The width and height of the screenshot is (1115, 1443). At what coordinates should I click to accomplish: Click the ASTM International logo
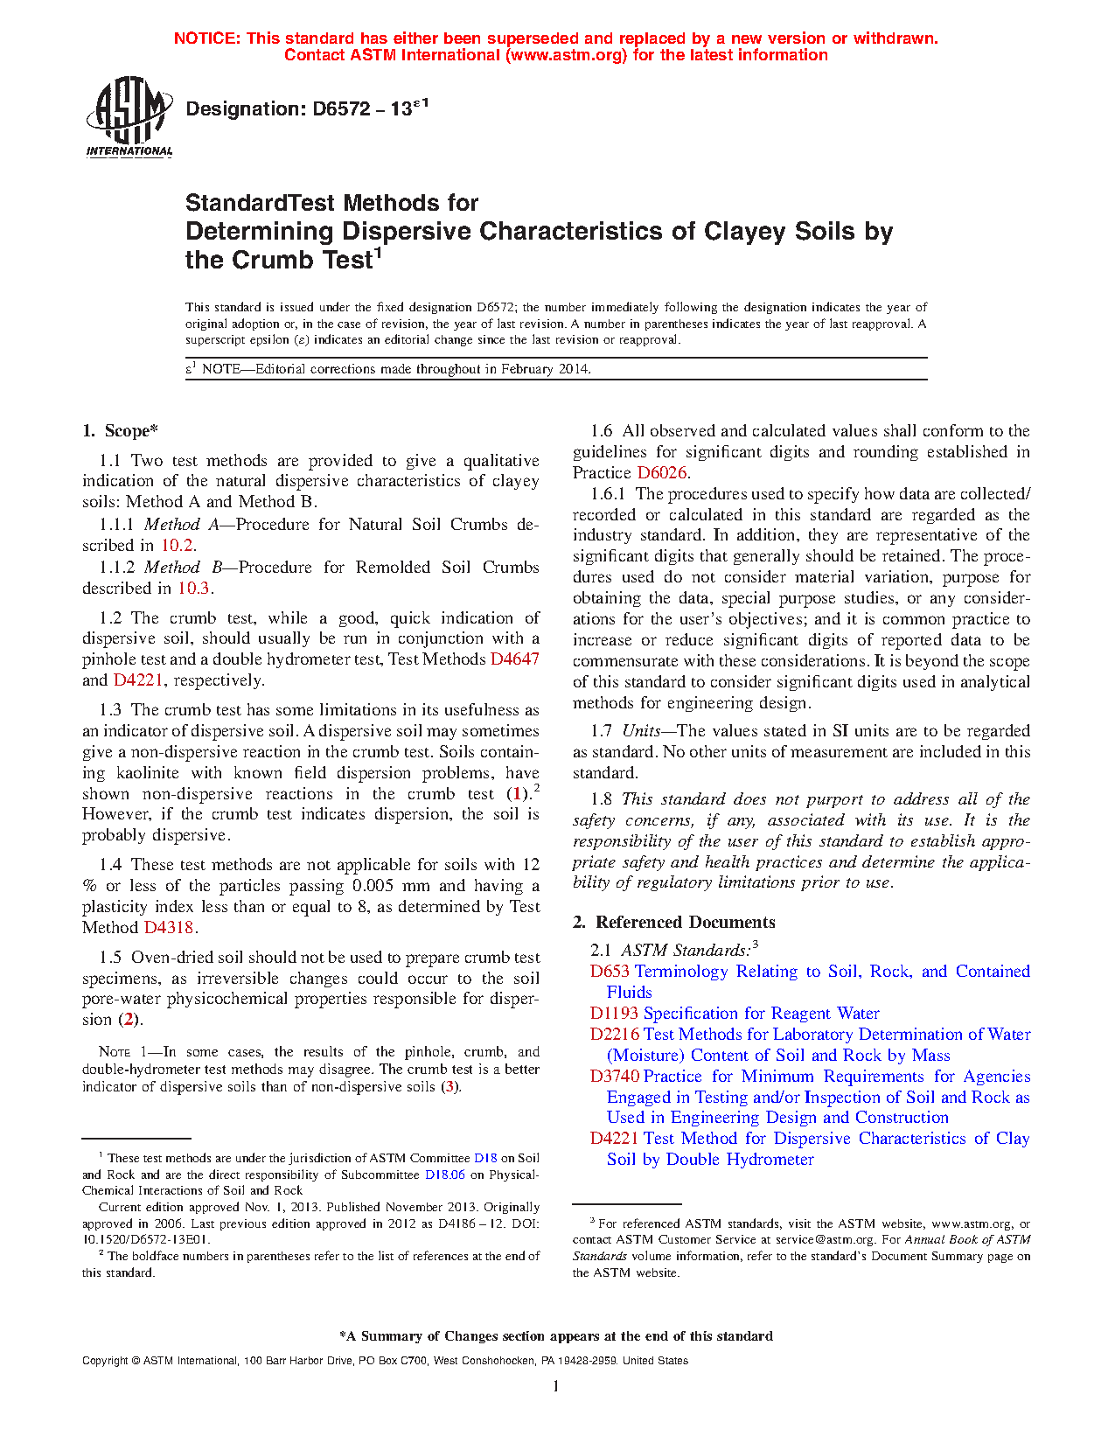pyautogui.click(x=129, y=117)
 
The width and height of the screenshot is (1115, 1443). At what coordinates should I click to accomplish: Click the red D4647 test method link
pyautogui.click(x=514, y=659)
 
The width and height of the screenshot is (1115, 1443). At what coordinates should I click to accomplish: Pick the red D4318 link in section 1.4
pyautogui.click(x=168, y=928)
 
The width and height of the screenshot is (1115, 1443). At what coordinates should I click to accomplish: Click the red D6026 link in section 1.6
pyautogui.click(x=662, y=473)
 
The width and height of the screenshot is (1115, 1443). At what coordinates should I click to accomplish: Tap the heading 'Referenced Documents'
pyautogui.click(x=686, y=923)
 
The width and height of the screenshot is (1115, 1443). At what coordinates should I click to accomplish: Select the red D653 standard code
pyautogui.click(x=610, y=972)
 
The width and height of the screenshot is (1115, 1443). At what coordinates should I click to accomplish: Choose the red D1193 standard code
pyautogui.click(x=614, y=1014)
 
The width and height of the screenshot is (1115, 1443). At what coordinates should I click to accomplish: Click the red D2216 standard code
pyautogui.click(x=614, y=1035)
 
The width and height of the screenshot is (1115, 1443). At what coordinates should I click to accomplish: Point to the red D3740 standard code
pyautogui.click(x=614, y=1077)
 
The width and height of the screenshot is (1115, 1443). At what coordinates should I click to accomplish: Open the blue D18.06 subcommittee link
pyautogui.click(x=444, y=1175)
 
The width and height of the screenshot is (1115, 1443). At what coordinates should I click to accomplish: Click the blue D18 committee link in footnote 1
pyautogui.click(x=485, y=1158)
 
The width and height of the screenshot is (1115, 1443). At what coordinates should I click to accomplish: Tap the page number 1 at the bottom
pyautogui.click(x=556, y=1386)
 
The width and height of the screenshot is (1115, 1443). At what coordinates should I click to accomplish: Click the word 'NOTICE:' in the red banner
pyautogui.click(x=206, y=38)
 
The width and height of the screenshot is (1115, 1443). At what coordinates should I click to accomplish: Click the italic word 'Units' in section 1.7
pyautogui.click(x=641, y=731)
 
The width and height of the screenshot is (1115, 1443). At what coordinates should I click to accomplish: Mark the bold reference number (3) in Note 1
pyautogui.click(x=449, y=1087)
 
